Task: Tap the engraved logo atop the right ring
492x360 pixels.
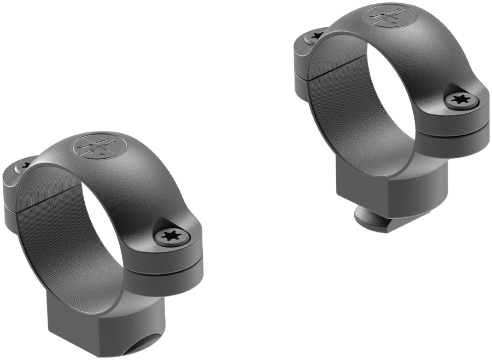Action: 388,16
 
